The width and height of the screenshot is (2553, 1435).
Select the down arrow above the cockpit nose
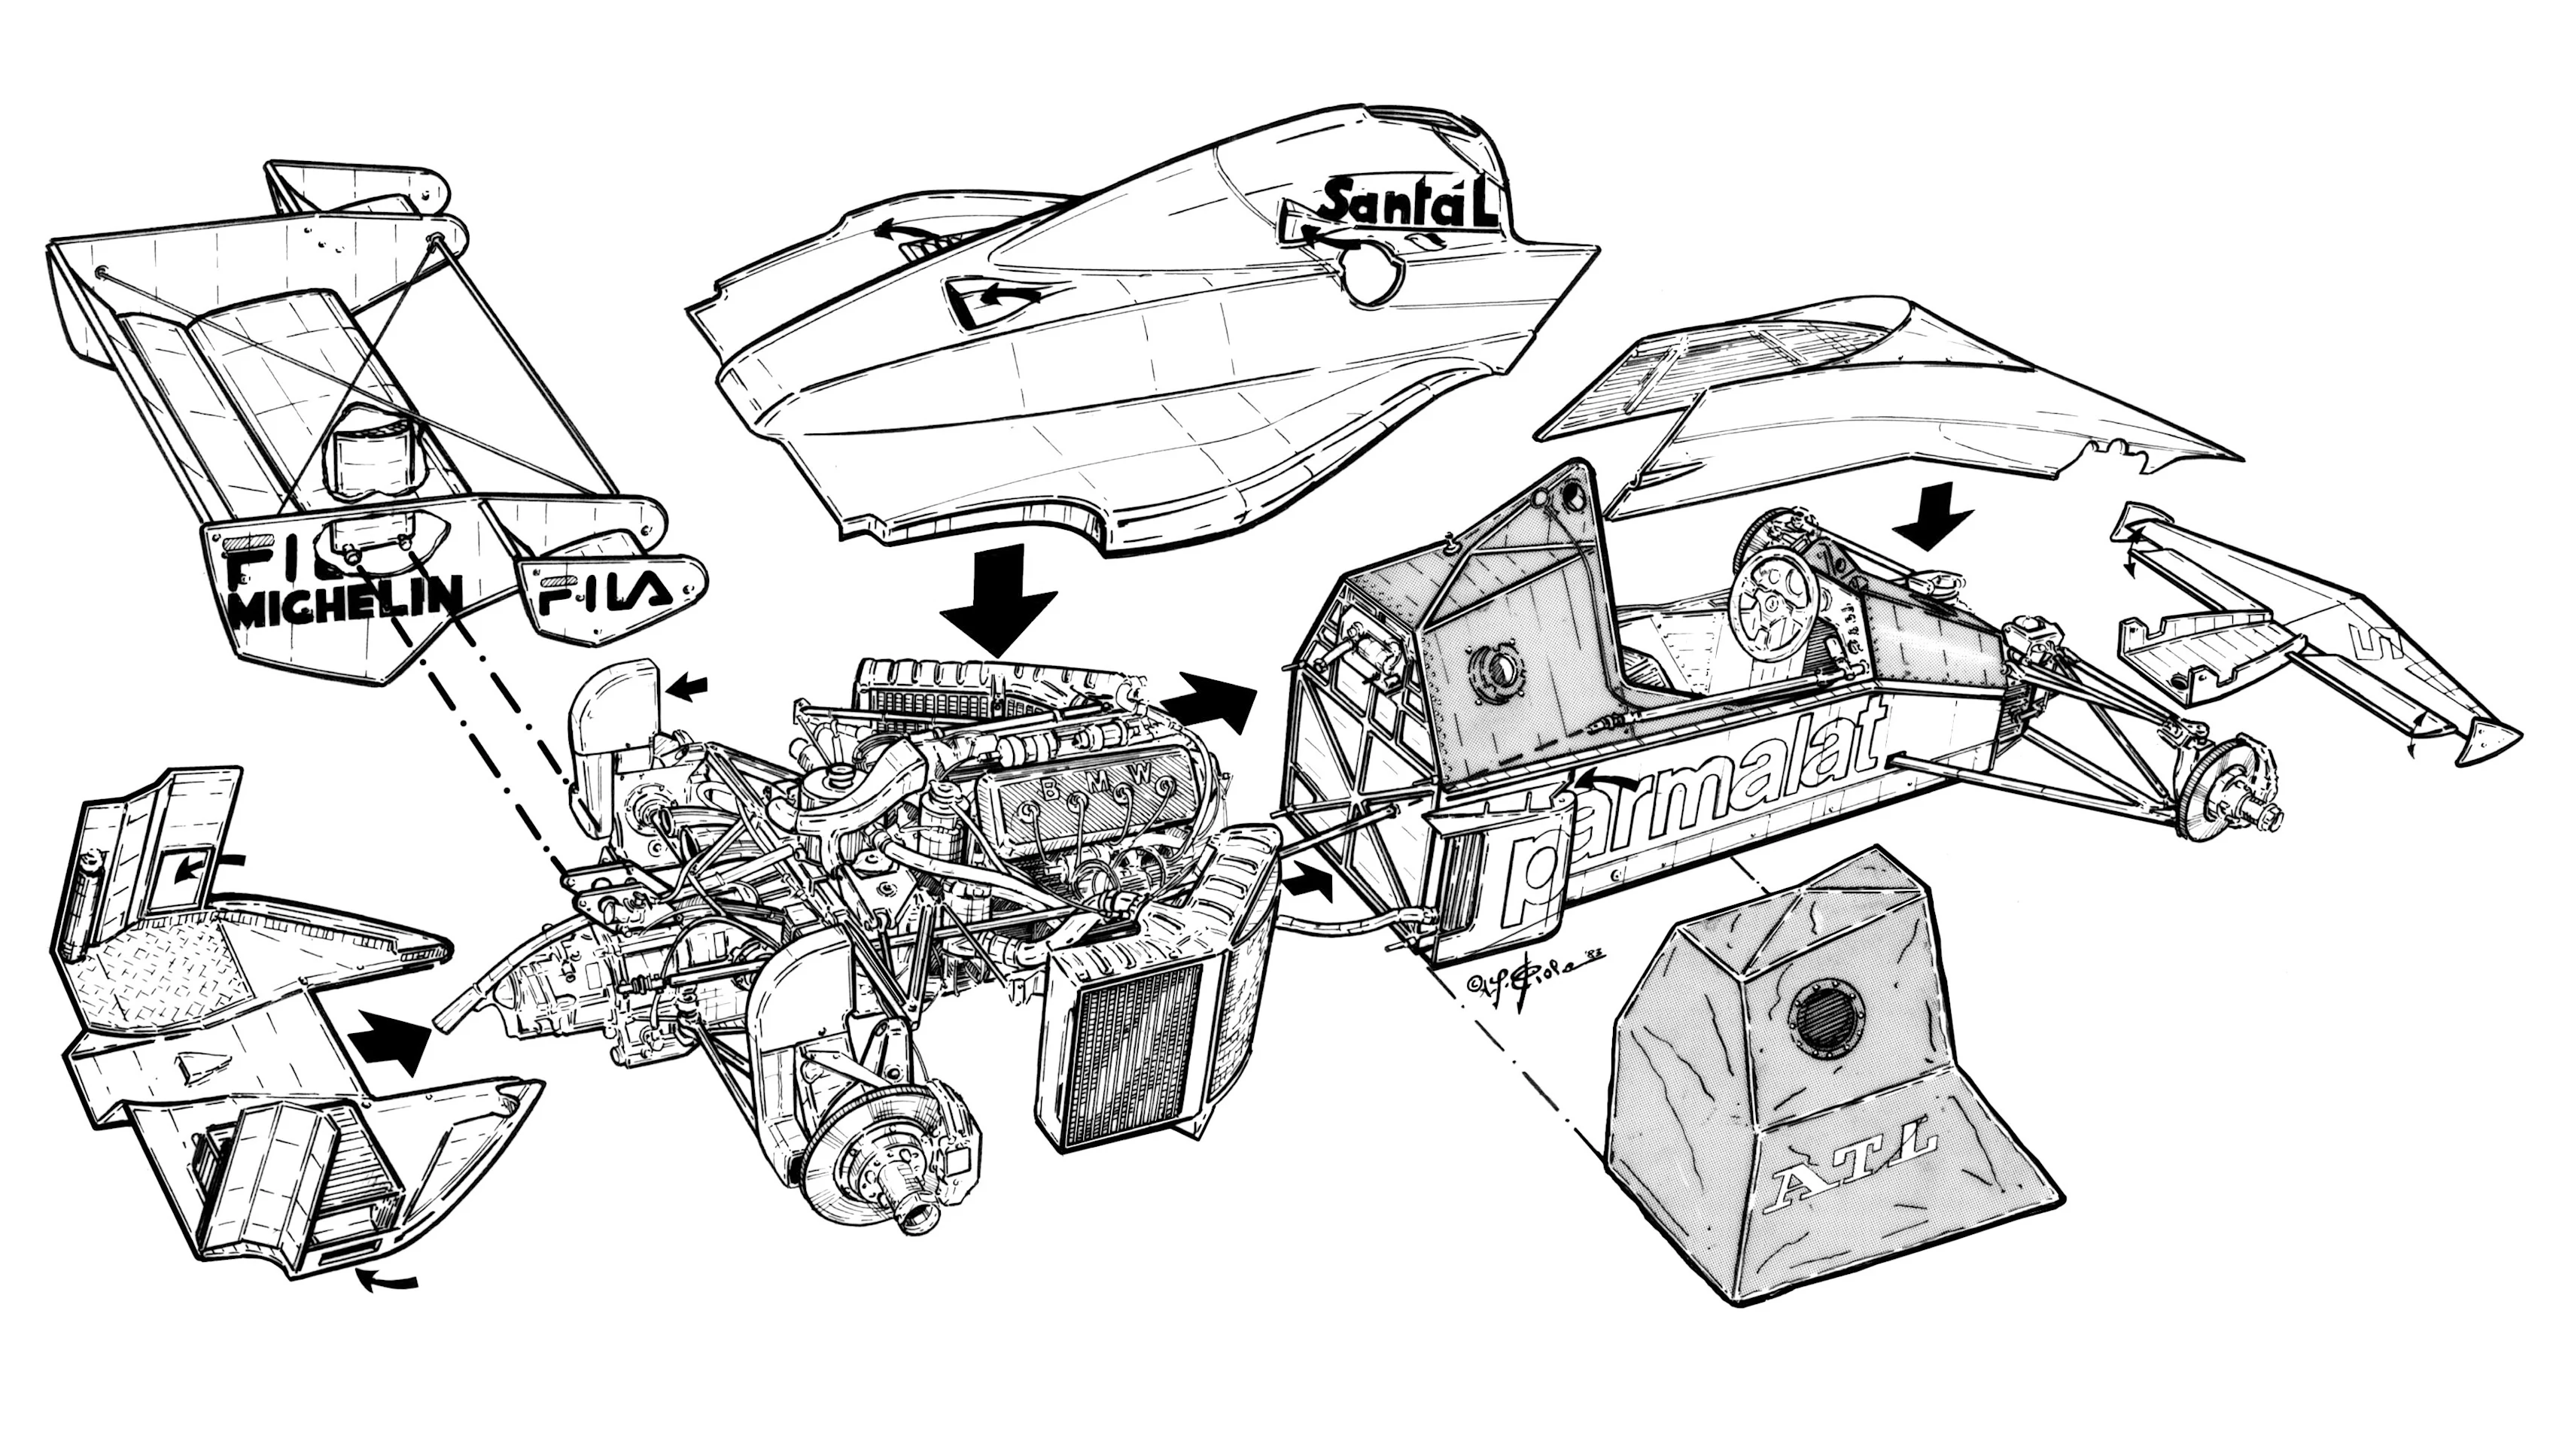point(1937,515)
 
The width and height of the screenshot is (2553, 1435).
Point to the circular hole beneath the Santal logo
point(1373,275)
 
